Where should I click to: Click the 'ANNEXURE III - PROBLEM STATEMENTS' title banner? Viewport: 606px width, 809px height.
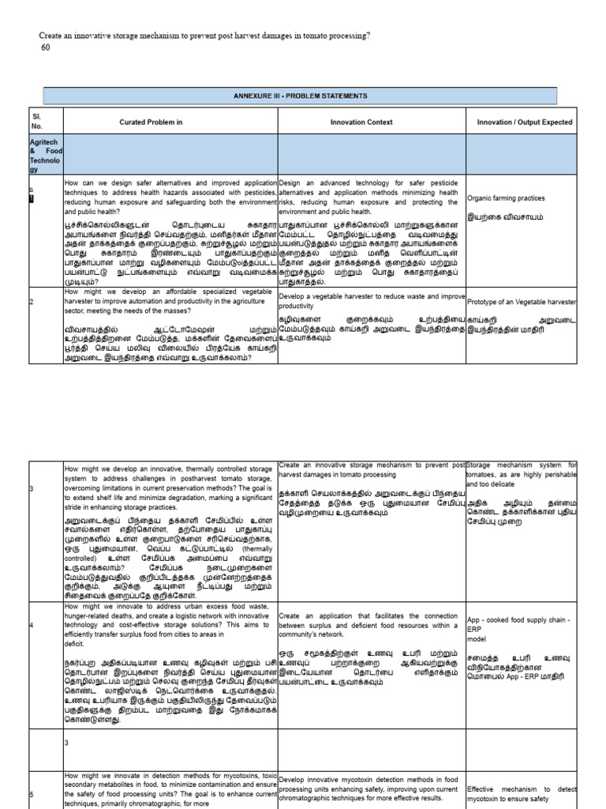pyautogui.click(x=299, y=96)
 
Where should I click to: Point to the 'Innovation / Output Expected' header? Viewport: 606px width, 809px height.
pyautogui.click(x=525, y=122)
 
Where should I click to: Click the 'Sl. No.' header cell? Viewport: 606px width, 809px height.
pyautogui.click(x=36, y=121)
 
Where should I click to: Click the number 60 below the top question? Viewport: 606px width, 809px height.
pyautogui.click(x=45, y=47)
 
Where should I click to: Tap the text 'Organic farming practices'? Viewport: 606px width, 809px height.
pyautogui.click(x=506, y=198)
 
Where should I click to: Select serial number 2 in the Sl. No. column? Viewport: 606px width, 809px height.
pyautogui.click(x=32, y=301)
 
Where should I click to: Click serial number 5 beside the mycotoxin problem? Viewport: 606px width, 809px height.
pyautogui.click(x=32, y=794)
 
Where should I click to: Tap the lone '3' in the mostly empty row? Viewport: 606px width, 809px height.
pyautogui.click(x=67, y=743)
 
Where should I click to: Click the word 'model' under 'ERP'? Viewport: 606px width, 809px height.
pyautogui.click(x=477, y=638)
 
